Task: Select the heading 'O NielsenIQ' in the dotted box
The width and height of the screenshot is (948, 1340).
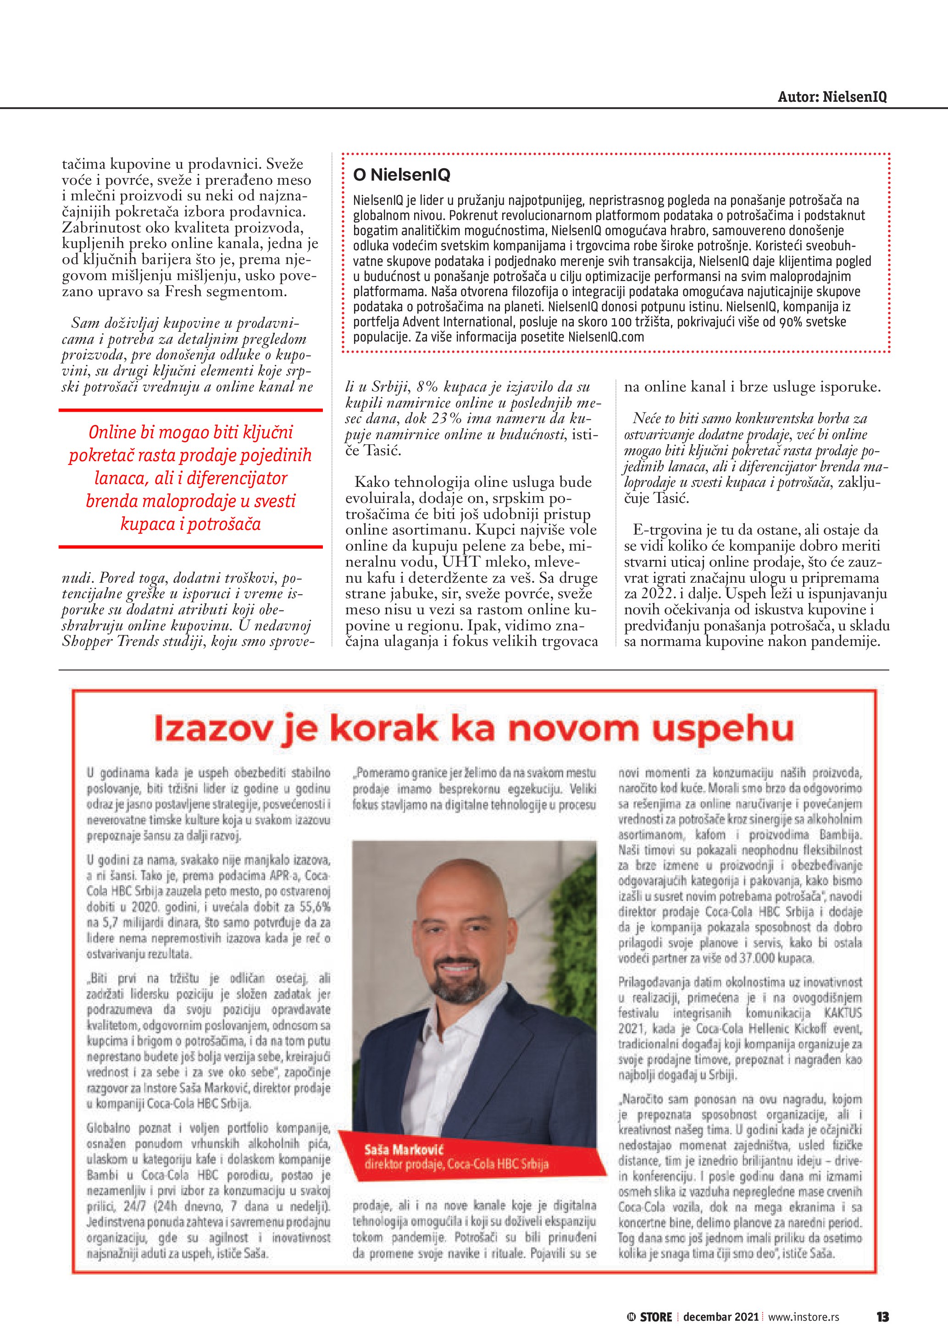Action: pyautogui.click(x=402, y=175)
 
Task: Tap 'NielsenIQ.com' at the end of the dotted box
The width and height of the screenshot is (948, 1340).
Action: pyautogui.click(x=606, y=337)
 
